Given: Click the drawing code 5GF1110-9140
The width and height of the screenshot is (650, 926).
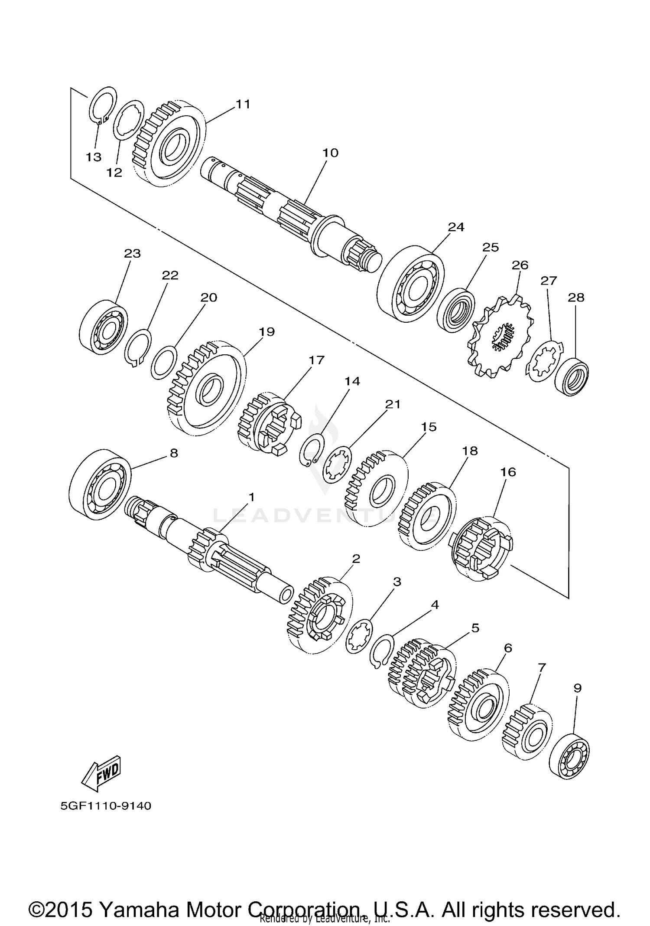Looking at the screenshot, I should tap(106, 806).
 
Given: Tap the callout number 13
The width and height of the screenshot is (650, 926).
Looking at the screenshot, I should tap(93, 157).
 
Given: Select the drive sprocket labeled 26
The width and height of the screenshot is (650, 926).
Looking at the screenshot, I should tap(501, 335).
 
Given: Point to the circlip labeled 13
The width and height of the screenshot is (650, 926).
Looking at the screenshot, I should tap(103, 106).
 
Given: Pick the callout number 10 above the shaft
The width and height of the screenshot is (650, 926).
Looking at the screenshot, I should tap(330, 153).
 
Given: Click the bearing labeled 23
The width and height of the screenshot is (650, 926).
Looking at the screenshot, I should tap(103, 324).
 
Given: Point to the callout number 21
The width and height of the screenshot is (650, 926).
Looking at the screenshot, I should tap(393, 404).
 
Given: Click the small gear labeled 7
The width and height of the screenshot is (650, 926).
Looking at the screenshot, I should tap(527, 732).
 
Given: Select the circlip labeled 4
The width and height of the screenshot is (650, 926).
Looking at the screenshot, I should tap(381, 654).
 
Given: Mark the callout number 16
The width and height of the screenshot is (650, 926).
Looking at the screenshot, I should tap(508, 472).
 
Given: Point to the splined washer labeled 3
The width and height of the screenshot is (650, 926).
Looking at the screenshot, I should tap(359, 638).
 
